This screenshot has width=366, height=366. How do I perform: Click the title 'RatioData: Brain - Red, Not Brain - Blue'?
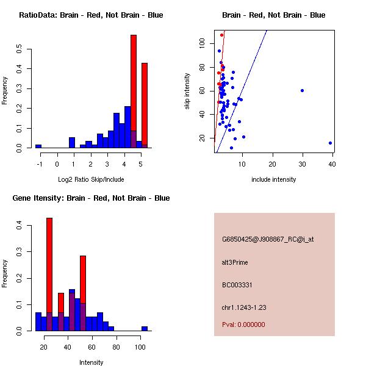[x=91, y=15]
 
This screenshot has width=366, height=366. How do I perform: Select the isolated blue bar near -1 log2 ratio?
[x=38, y=146]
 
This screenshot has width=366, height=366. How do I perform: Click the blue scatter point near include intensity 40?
[x=330, y=143]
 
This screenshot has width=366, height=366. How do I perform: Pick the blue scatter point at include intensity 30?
[x=302, y=90]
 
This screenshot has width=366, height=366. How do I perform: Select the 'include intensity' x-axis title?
[x=274, y=179]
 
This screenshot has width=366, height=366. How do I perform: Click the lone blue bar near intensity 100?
[x=145, y=328]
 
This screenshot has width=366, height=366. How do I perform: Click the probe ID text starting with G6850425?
[x=268, y=239]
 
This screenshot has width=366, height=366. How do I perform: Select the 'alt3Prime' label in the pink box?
[x=235, y=262]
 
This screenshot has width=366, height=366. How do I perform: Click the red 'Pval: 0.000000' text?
[x=243, y=325]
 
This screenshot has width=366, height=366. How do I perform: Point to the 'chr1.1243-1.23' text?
[x=243, y=307]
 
